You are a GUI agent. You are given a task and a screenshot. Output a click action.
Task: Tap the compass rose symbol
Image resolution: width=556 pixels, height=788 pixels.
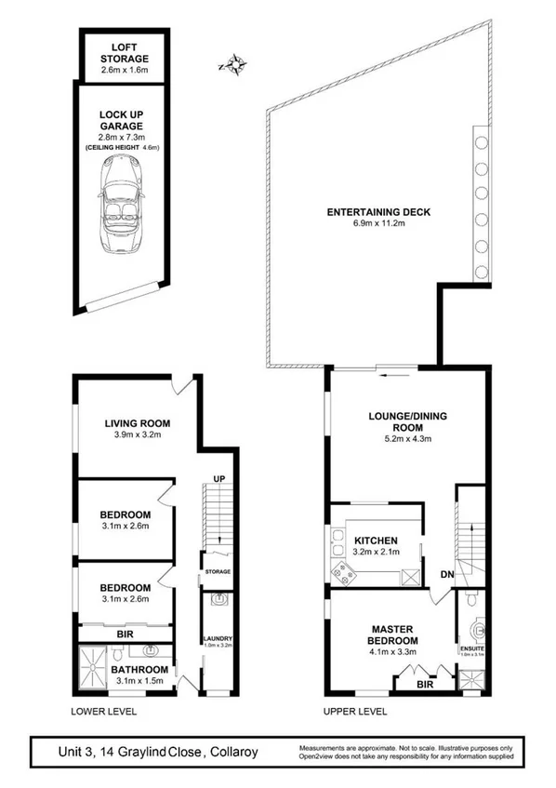pos(236,64)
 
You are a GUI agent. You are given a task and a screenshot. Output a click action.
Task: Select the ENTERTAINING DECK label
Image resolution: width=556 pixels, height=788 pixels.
pos(377,211)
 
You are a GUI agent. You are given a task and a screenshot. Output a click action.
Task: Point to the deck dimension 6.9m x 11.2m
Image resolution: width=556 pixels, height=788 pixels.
pos(377,224)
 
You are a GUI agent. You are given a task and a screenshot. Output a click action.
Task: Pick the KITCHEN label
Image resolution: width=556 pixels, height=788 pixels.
pos(376,540)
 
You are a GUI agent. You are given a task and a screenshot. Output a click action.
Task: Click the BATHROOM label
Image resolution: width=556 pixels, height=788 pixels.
pos(139,669)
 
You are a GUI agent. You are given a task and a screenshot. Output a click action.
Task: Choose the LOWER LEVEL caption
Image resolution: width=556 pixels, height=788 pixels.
pos(104,712)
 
